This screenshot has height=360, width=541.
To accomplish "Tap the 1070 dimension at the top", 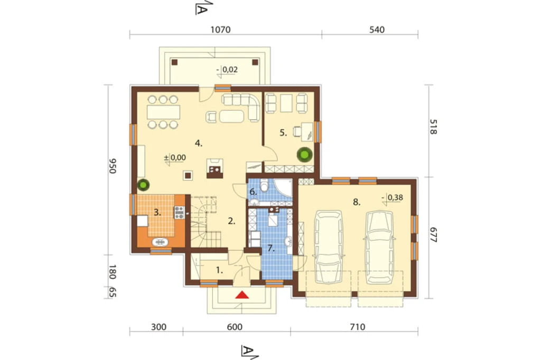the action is pos(220,30).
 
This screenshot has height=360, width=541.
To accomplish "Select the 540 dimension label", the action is pos(377,30).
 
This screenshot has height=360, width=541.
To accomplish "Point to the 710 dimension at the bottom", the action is pos(358,327).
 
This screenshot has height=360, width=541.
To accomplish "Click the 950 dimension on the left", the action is pos(113,166).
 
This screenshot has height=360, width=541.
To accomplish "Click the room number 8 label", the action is pos(357,202).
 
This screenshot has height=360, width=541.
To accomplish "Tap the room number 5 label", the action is pos(283,133).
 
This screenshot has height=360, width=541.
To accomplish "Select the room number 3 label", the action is pos(157,212).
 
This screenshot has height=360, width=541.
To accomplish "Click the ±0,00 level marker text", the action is pos(175,158).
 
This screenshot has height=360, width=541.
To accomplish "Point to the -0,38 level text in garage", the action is pos(393,197).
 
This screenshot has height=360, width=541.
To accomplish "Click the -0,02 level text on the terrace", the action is pos(228,70).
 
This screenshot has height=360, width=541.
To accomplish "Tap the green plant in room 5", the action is pos(305,155).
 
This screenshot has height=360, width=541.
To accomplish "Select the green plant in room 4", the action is pos(143,185).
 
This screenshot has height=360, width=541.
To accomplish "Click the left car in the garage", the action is pos(329,247).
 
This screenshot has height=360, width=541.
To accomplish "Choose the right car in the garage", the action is pos(379,247).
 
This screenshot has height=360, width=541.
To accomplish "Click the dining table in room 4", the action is pos(164,112).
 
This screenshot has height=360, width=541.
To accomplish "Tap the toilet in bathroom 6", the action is pos(265,185).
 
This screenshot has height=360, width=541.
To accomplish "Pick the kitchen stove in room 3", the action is pos(179,212).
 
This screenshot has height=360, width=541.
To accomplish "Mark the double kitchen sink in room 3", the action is pos(160,242).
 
